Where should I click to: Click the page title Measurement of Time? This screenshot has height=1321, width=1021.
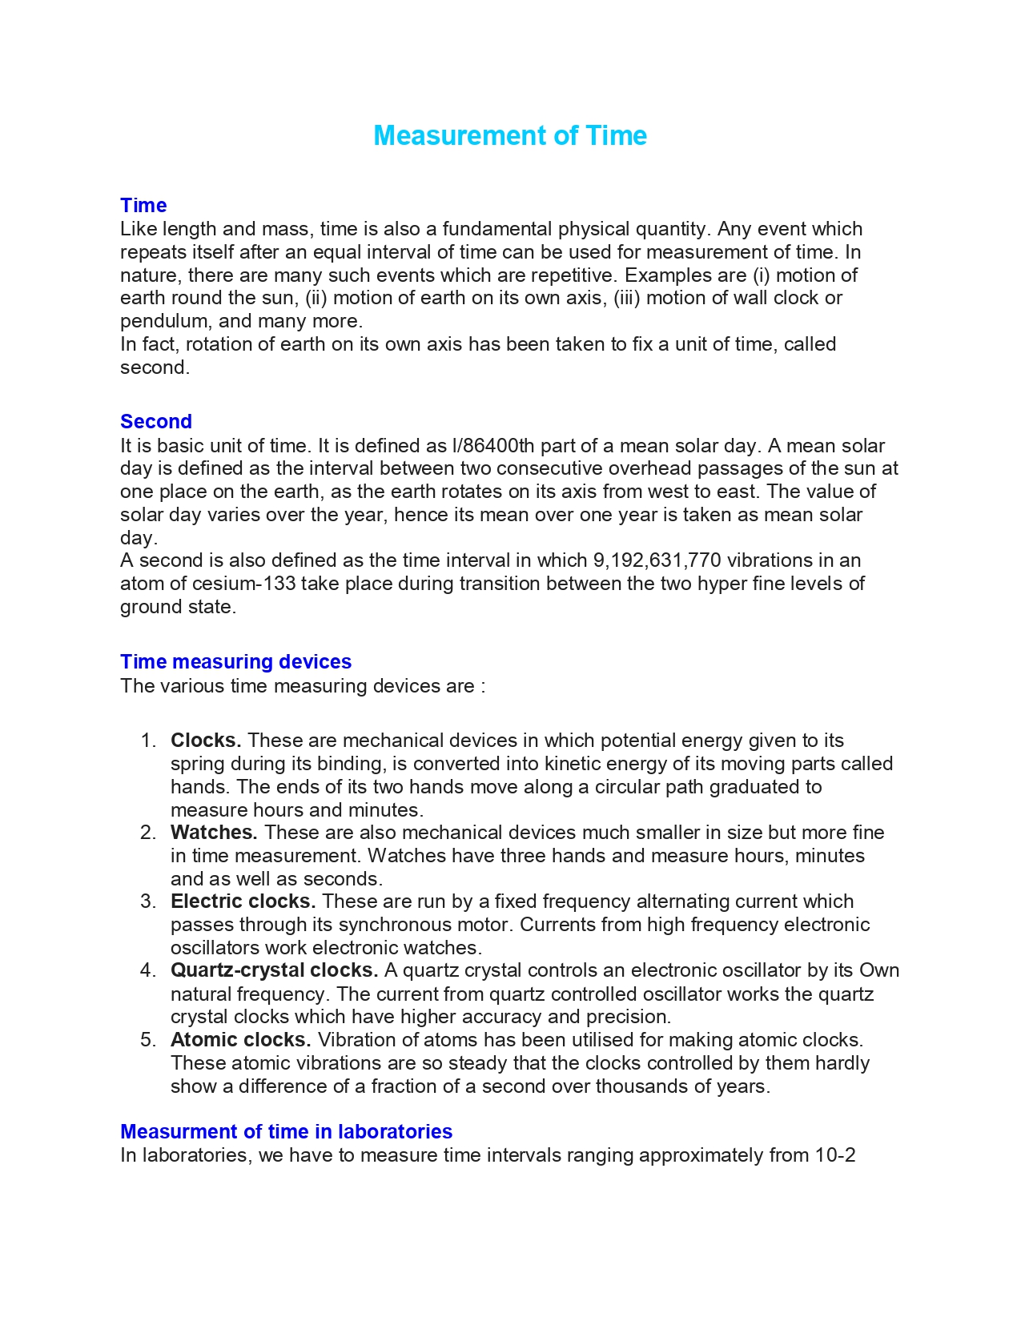[510, 135]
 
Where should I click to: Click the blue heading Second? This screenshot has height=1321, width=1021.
[156, 421]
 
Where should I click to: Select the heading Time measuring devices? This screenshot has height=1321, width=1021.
[235, 661]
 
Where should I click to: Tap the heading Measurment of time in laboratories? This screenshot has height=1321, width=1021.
[286, 1131]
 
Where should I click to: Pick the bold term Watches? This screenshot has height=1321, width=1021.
[214, 833]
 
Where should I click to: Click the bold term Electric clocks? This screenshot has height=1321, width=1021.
[243, 901]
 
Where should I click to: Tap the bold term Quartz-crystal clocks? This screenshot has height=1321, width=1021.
[274, 970]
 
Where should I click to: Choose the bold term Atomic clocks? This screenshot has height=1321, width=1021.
[240, 1040]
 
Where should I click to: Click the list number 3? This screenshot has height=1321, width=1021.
[147, 901]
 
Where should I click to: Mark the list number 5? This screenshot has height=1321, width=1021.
[147, 1040]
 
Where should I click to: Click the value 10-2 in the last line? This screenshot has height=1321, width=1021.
[835, 1155]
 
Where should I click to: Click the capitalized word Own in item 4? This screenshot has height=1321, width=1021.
[879, 970]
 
